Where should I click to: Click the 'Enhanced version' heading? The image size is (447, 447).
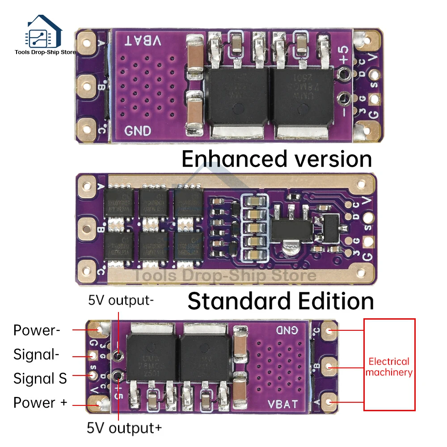[x=277, y=159]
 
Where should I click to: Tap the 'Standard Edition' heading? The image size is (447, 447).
[x=280, y=301]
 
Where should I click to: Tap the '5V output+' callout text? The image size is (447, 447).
[x=124, y=428]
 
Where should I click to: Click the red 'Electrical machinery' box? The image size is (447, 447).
[x=389, y=364]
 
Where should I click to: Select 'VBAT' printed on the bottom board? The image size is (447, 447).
[x=283, y=404]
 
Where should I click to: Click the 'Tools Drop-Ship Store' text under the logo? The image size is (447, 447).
[x=45, y=52]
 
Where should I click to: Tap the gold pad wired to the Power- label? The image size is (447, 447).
[x=97, y=330]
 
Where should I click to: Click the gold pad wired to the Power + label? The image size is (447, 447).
[x=97, y=404]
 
